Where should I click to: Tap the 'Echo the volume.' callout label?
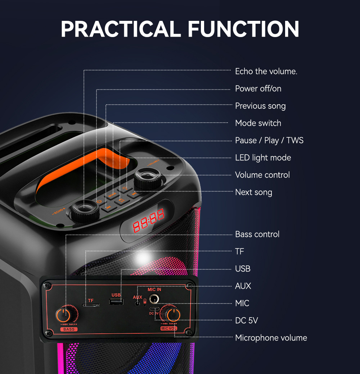click(266, 71)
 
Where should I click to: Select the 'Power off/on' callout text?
click(258, 88)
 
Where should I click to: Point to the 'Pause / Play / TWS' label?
click(269, 140)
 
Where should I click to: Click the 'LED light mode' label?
click(263, 158)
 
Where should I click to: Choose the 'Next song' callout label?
click(253, 192)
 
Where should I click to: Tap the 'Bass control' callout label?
click(257, 234)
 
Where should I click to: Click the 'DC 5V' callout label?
click(247, 320)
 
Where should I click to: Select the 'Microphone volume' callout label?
click(271, 338)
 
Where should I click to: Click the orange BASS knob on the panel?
click(64, 315)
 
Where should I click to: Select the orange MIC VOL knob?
click(174, 314)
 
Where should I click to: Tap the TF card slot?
click(91, 305)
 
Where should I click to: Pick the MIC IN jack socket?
click(155, 298)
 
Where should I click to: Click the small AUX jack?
click(138, 303)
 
